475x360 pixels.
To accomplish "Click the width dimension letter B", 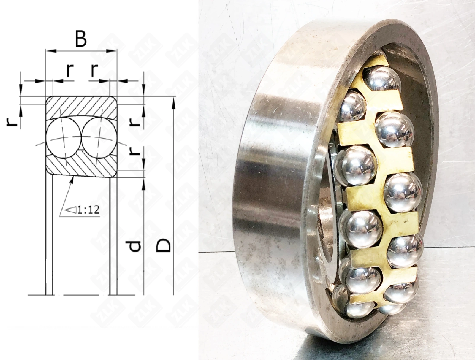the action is point(81,39).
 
